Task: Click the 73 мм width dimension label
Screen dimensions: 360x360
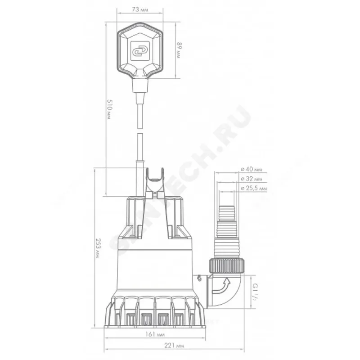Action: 140,9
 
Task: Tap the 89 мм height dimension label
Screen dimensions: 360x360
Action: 179,50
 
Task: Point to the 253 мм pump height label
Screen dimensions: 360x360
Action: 99,248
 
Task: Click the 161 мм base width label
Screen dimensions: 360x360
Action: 155,334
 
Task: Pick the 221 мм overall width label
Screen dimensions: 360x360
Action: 174,345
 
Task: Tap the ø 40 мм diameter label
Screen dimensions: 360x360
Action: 251,169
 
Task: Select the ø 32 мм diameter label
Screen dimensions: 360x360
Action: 251,179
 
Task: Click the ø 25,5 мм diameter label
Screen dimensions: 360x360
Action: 254,188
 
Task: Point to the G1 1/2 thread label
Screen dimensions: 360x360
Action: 255,291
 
